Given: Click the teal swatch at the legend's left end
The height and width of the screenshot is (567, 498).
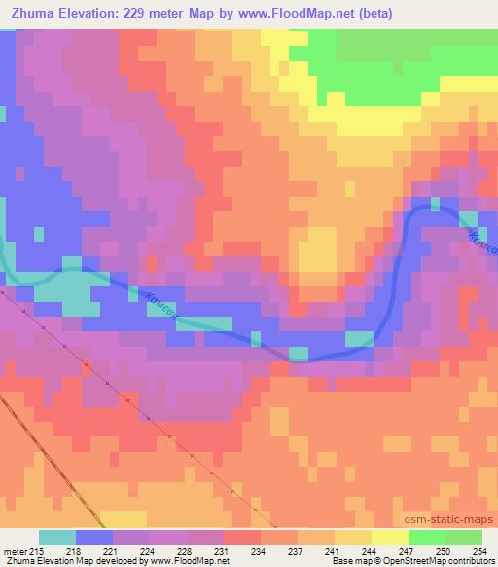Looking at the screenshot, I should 57,537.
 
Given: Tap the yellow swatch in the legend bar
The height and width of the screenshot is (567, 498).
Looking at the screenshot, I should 389,537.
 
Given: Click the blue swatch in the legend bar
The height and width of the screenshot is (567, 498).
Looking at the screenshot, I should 94,537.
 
